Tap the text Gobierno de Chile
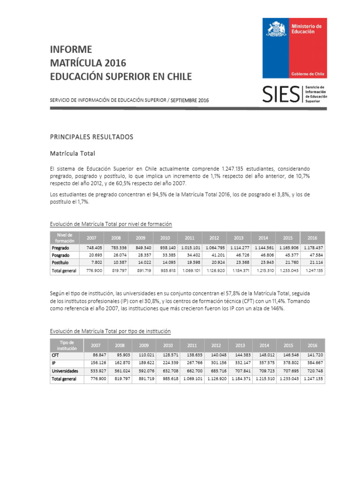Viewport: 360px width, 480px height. click(x=308, y=74)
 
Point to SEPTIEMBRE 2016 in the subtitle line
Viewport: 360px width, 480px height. click(x=189, y=100)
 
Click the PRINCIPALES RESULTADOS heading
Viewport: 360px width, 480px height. click(x=91, y=137)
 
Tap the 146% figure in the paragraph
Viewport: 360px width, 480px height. click(x=276, y=308)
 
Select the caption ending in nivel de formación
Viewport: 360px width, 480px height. click(x=111, y=224)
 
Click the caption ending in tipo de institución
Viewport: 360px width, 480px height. click(x=110, y=331)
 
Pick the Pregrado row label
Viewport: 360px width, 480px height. click(x=60, y=247)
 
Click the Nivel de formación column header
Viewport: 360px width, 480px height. click(x=64, y=237)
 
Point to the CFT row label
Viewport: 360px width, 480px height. click(x=55, y=356)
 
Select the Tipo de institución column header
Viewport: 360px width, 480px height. click(x=64, y=345)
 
